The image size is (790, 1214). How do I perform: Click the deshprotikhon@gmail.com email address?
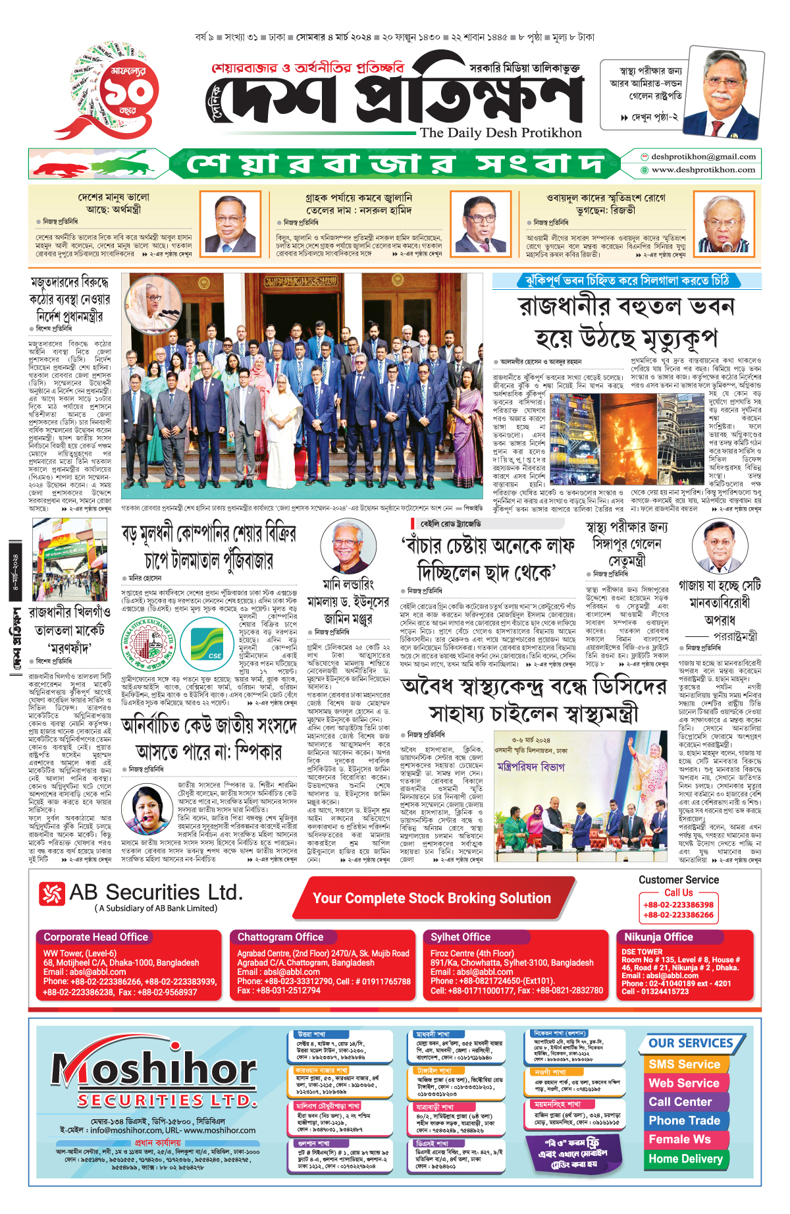702,157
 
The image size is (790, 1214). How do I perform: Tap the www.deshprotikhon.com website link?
702,170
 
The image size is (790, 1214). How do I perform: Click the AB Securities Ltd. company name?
155,893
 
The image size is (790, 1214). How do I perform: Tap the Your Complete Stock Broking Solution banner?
431,898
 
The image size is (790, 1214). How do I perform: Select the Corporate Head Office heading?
95,937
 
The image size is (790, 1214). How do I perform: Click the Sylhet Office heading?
460,937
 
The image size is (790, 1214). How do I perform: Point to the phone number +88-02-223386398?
678,904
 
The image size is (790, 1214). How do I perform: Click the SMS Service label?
684,1064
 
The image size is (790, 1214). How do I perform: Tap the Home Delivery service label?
685,1159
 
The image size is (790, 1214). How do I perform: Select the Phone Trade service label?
684,1120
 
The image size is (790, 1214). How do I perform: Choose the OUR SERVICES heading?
691,1043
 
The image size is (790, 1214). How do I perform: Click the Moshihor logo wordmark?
154,1070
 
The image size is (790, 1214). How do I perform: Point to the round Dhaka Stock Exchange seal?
149,644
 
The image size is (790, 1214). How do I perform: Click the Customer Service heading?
678,880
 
